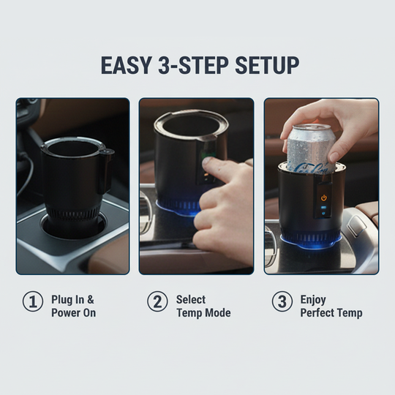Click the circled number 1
pos(32,302)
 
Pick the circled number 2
pos(157,302)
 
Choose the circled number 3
pos(282,302)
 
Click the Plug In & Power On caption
pos(73,306)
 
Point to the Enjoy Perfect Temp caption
pos(331,306)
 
